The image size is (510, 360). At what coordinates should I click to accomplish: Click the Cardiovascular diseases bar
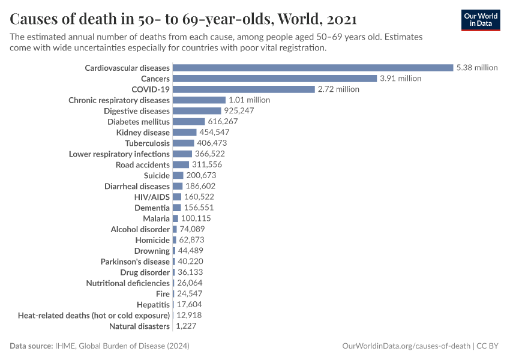[x=313, y=68]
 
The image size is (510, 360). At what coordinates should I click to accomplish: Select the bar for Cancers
[x=274, y=79]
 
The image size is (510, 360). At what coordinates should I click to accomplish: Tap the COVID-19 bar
[x=244, y=89]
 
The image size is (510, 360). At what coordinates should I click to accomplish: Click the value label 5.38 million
[x=477, y=68]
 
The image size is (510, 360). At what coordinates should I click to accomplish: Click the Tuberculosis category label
[x=148, y=143]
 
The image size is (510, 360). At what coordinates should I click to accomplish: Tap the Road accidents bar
[x=181, y=165]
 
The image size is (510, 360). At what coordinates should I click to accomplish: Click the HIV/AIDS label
[x=152, y=197]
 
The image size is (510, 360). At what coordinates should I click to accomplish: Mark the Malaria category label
[x=156, y=218]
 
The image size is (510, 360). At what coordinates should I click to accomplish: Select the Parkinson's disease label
[x=135, y=262]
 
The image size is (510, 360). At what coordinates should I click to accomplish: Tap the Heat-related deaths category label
[x=94, y=316]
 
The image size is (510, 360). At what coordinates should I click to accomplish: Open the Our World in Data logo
[x=480, y=20]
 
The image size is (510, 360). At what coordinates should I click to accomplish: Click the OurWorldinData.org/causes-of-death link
[x=406, y=346]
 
